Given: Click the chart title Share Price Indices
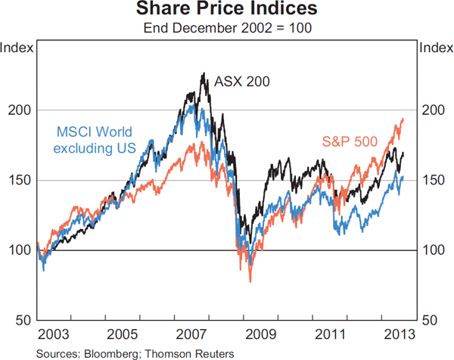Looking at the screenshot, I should [227, 10].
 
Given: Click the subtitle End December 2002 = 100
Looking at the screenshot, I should [227, 29].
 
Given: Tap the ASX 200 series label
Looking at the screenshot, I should [242, 81].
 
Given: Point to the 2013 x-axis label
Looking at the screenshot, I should [399, 333].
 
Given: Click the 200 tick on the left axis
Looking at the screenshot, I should [20, 110].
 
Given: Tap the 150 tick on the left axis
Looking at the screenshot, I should [20, 180].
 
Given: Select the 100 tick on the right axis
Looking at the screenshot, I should [433, 250].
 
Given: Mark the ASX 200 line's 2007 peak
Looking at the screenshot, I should [204, 73].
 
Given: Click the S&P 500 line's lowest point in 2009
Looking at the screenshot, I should [250, 281].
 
